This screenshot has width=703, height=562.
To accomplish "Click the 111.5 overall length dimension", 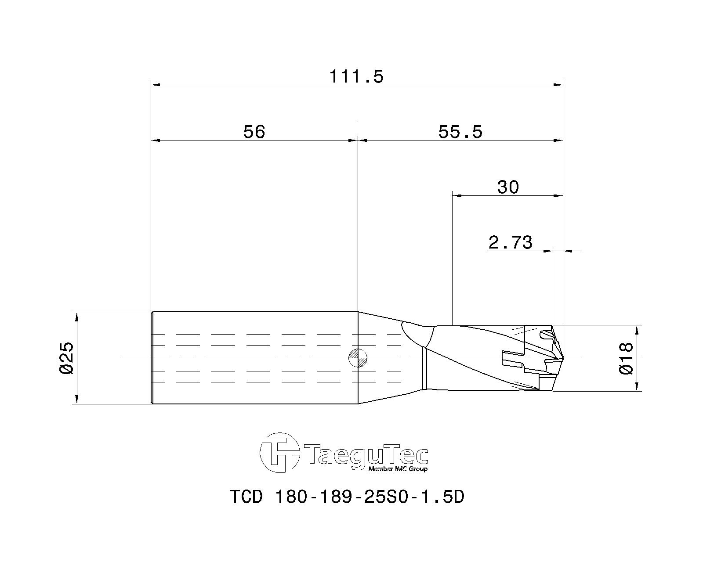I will tap(356, 77).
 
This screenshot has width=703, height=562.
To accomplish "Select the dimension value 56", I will tap(254, 132).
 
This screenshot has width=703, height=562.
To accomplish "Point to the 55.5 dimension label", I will tap(460, 132).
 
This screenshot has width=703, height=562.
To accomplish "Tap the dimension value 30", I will tap(508, 187).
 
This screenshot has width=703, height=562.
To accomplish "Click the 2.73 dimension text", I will tap(510, 242).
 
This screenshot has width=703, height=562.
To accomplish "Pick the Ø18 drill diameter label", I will tap(626, 358).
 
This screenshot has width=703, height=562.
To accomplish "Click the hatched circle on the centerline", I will tap(358, 358).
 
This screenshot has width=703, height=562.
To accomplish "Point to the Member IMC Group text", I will tap(397, 469).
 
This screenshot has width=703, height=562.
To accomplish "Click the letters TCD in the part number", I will tap(246, 497).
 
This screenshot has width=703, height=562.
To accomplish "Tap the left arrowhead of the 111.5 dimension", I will tap(154, 85).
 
